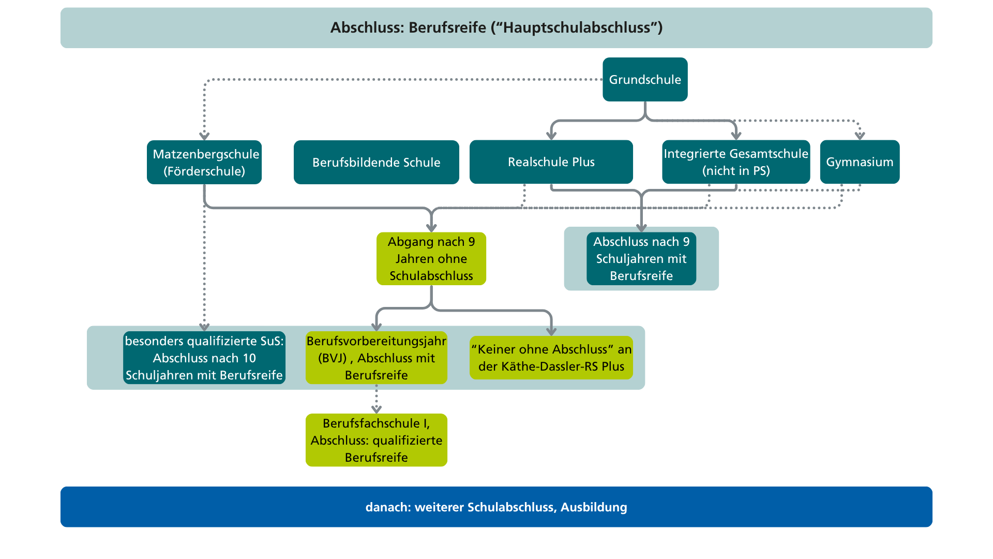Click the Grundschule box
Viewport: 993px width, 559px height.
pyautogui.click(x=645, y=79)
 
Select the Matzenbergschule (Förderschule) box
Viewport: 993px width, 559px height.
pyautogui.click(x=204, y=162)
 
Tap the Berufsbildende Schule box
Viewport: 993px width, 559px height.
pyautogui.click(x=377, y=162)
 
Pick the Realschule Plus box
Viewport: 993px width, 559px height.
pyautogui.click(x=551, y=162)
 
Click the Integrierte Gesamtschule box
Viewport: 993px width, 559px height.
pyautogui.click(x=736, y=162)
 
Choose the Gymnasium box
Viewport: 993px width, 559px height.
pyautogui.click(x=860, y=162)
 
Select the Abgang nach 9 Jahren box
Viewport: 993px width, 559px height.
pyautogui.click(x=431, y=259)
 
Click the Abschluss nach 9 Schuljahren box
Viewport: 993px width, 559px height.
pyautogui.click(x=641, y=259)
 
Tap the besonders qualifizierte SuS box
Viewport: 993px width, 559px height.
pyautogui.click(x=204, y=358)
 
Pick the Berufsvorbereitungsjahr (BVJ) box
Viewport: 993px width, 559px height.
pyautogui.click(x=377, y=358)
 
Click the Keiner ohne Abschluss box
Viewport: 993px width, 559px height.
pyautogui.click(x=551, y=358)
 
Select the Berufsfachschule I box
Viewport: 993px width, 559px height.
pyautogui.click(x=377, y=440)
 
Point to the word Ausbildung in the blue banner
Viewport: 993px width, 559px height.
pyautogui.click(x=594, y=507)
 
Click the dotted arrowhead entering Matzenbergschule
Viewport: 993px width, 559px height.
pyautogui.click(x=204, y=136)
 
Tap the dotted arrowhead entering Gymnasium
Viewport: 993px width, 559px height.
pyautogui.click(x=860, y=136)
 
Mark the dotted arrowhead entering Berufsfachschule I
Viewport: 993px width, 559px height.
pyautogui.click(x=377, y=409)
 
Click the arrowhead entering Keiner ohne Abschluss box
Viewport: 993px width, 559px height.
pyautogui.click(x=551, y=332)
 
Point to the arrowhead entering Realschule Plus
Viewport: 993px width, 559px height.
pyautogui.click(x=551, y=136)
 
